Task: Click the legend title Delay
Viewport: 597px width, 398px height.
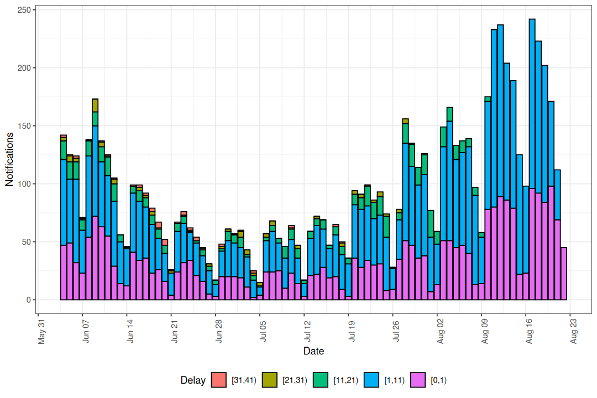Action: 192,380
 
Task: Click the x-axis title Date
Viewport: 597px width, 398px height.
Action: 314,351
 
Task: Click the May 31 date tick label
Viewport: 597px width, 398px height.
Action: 44,331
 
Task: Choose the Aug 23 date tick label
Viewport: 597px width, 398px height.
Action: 573,331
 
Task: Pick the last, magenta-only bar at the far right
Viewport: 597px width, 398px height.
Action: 564,274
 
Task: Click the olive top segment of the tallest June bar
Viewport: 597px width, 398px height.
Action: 95,105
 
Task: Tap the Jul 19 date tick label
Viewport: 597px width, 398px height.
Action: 351,331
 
